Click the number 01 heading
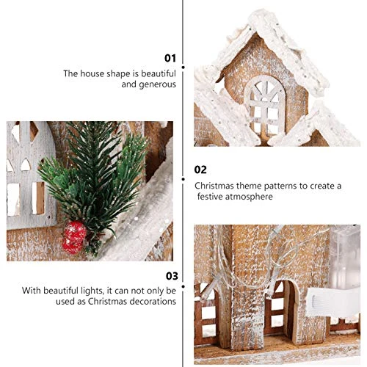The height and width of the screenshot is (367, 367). [x=170, y=58]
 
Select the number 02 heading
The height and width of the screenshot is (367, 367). [x=200, y=170]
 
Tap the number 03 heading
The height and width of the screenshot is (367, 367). [x=172, y=276]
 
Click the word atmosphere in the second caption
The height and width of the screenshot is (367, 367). [x=249, y=197]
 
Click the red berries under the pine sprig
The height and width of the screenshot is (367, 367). [x=74, y=237]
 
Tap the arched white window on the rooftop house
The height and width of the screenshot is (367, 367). [x=265, y=106]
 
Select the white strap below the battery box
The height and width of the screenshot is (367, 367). [x=333, y=302]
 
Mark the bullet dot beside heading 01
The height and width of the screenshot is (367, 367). [x=183, y=68]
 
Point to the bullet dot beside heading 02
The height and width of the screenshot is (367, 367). [x=183, y=179]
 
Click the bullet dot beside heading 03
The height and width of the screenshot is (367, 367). [x=183, y=286]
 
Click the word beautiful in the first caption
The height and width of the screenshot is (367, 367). [x=159, y=73]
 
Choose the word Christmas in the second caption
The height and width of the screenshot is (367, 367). [x=214, y=186]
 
